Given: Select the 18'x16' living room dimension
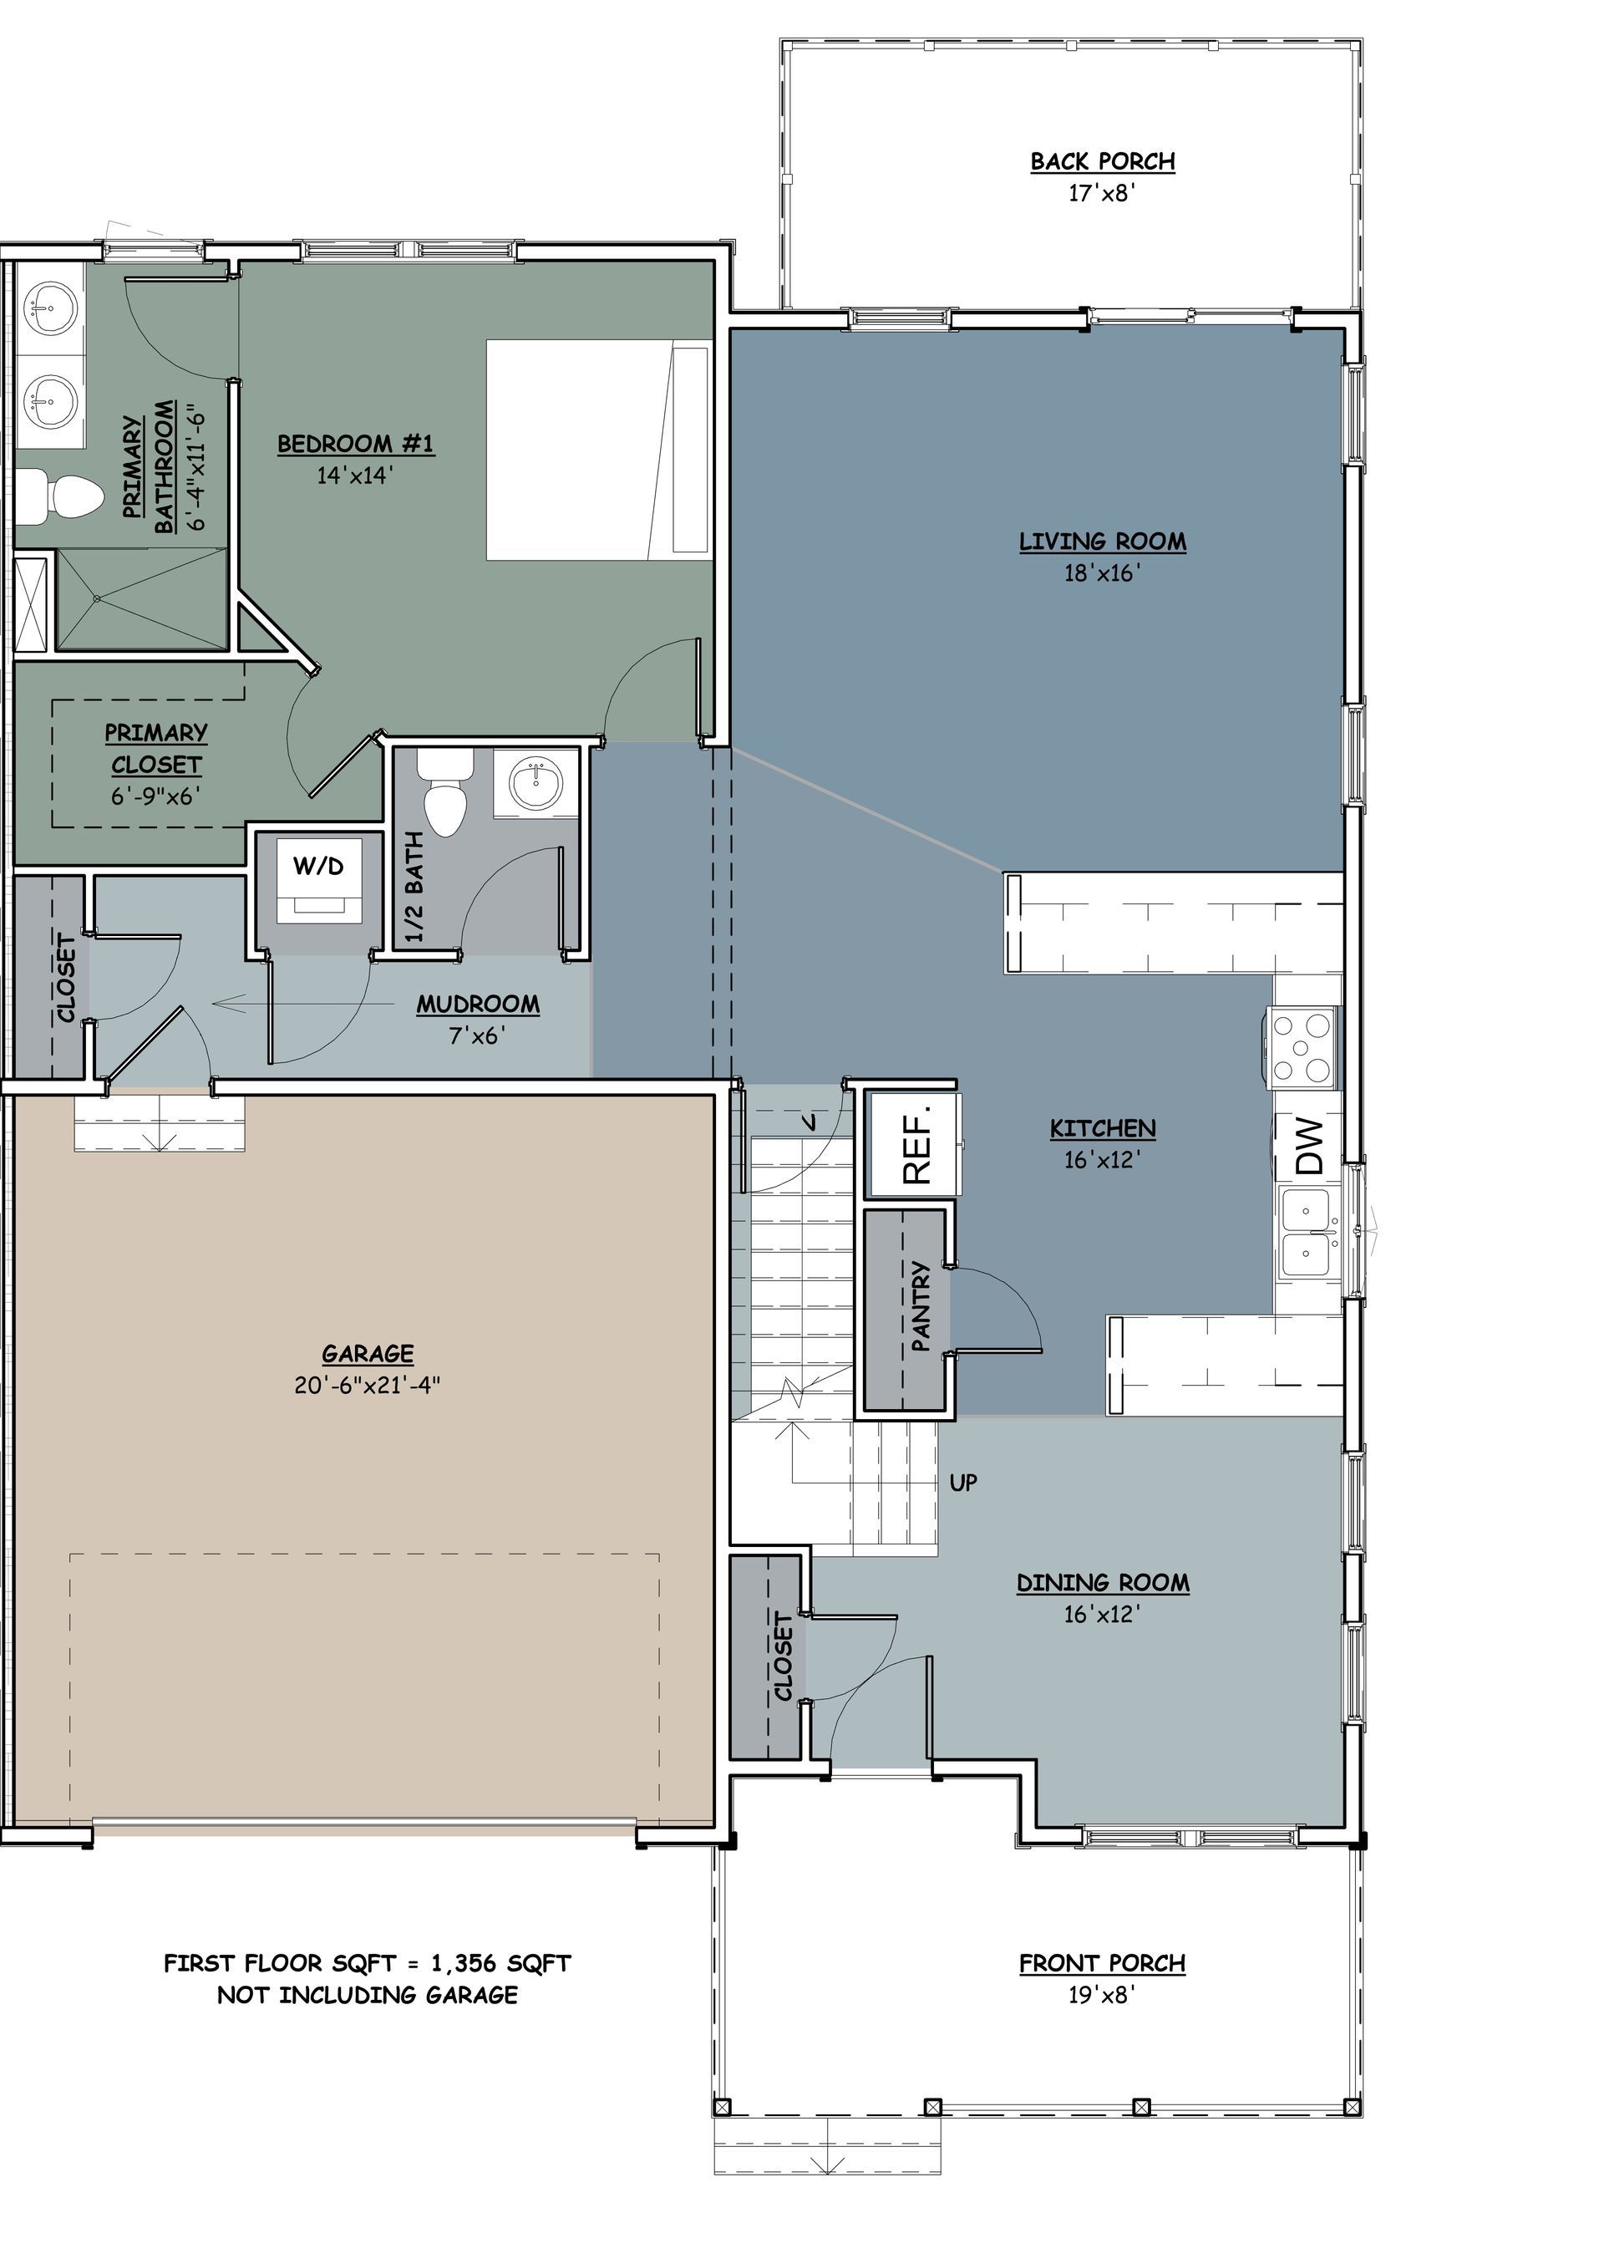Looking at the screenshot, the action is click(x=1102, y=573).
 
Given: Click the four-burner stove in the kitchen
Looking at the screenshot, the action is click(x=1302, y=1047).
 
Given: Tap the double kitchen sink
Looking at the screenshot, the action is click(x=1309, y=1233).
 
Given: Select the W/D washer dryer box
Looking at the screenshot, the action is click(x=319, y=879).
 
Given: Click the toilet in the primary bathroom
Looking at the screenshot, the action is click(x=61, y=494).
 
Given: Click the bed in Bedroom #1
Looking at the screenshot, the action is click(x=598, y=450).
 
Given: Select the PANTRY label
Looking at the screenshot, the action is click(x=921, y=1306).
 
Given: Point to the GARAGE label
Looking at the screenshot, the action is click(x=368, y=1354).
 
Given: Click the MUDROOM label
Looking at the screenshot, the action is click(x=478, y=1005).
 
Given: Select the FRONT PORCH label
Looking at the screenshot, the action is click(x=1102, y=1964).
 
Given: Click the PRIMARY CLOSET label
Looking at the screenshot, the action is click(x=156, y=749).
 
